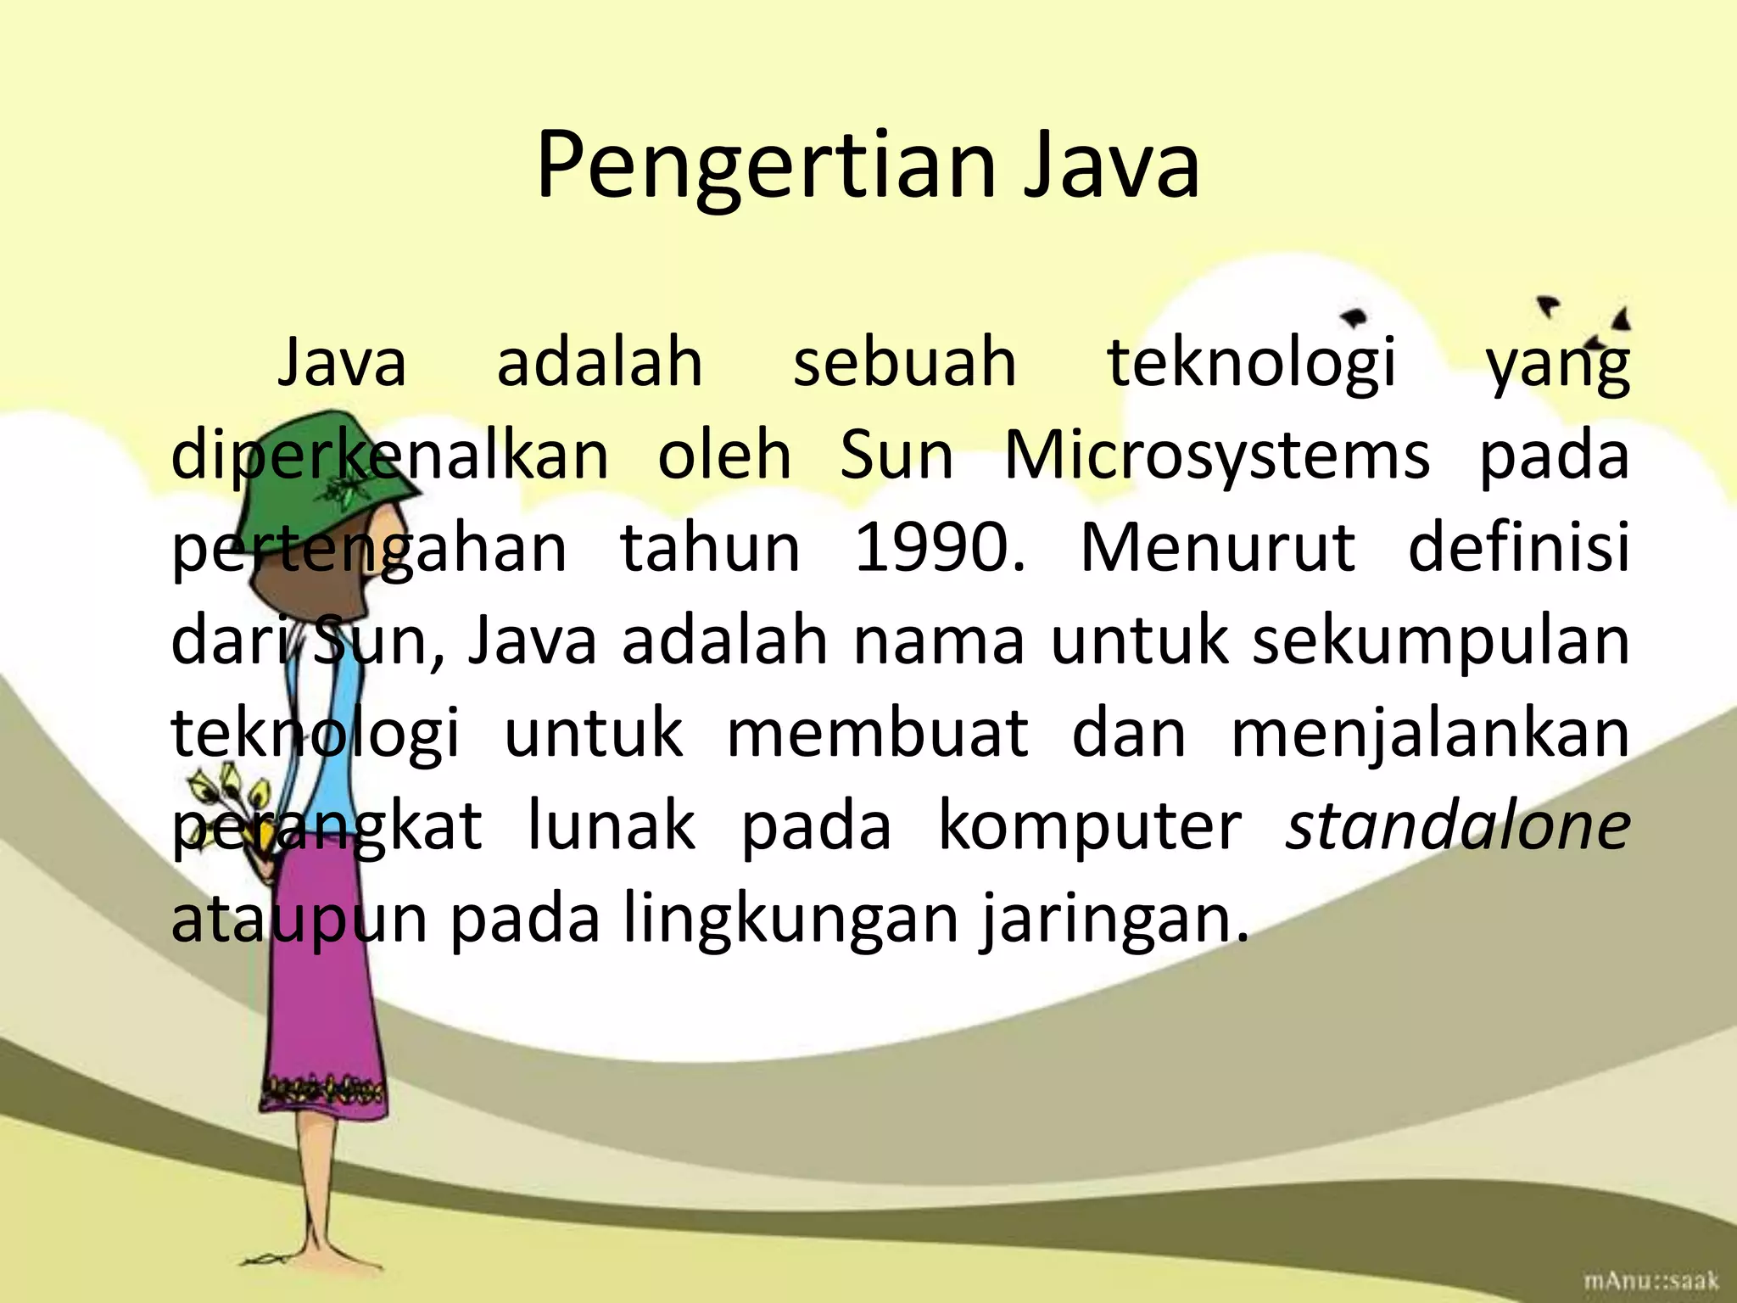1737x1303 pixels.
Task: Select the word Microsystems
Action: [x=1217, y=456]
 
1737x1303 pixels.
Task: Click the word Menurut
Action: [x=1217, y=548]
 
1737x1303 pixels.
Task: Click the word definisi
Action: [x=1518, y=548]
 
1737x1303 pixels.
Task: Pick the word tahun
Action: [x=711, y=548]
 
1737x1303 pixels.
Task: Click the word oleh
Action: [x=724, y=456]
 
